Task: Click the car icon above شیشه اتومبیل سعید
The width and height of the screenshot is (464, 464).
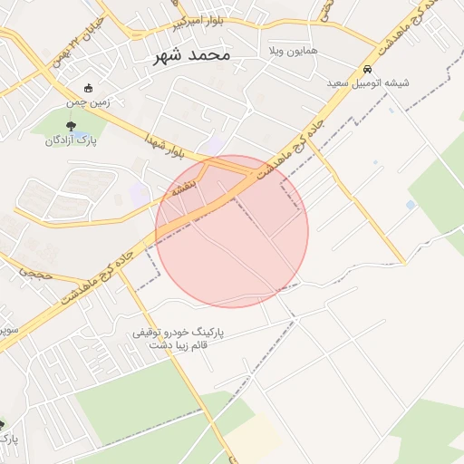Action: coord(367,69)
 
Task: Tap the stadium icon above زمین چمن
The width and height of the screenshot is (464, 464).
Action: coord(88,89)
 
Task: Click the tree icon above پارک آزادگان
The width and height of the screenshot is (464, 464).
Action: coord(71,127)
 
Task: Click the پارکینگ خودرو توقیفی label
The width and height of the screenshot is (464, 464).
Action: coord(178,333)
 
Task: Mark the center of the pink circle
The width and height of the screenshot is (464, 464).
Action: coord(232,231)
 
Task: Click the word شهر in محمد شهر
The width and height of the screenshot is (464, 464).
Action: coord(168,55)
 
